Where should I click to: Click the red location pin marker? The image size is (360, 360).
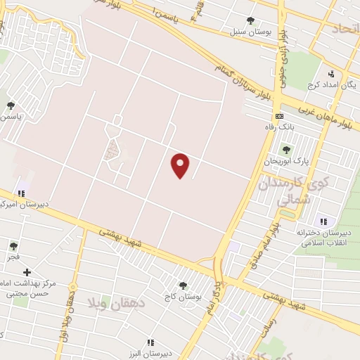(181, 165)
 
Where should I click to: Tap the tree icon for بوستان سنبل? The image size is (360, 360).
(251, 20)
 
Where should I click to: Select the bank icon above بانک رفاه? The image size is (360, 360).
(279, 116)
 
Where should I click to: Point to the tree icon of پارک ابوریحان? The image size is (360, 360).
(285, 149)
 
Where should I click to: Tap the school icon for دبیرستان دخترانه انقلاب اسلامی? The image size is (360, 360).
(323, 220)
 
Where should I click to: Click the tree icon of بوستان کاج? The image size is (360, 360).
(184, 285)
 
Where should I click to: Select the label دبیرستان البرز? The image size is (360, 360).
(150, 352)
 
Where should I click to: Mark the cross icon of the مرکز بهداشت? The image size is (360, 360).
(27, 272)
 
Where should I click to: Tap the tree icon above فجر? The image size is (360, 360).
(13, 246)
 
